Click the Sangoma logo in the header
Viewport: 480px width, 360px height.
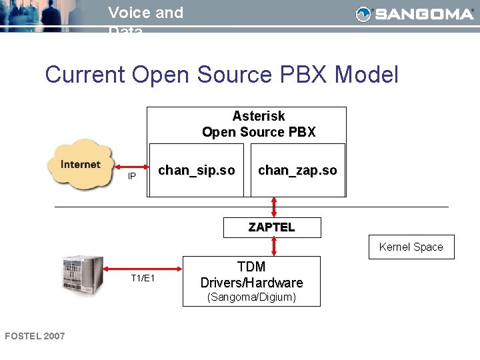[x=414, y=14]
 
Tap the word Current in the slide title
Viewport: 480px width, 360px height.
[x=85, y=74]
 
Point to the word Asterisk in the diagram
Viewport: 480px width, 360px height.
[x=259, y=116]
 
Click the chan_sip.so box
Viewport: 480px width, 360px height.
[x=196, y=171]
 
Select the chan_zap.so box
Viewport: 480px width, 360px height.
[x=297, y=171]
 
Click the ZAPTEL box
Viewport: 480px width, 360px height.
[x=271, y=227]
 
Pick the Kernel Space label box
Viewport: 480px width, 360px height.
[x=411, y=247]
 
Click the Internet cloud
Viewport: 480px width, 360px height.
[x=80, y=165]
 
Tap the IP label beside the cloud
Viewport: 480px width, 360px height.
[x=132, y=177]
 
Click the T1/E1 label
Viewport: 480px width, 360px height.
[x=143, y=278]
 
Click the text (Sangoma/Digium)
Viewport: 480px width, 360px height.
[x=251, y=297]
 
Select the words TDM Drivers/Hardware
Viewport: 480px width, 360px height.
[x=251, y=275]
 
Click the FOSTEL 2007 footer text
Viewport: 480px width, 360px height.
[x=35, y=336]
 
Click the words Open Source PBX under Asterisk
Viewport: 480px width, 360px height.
[x=259, y=132]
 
